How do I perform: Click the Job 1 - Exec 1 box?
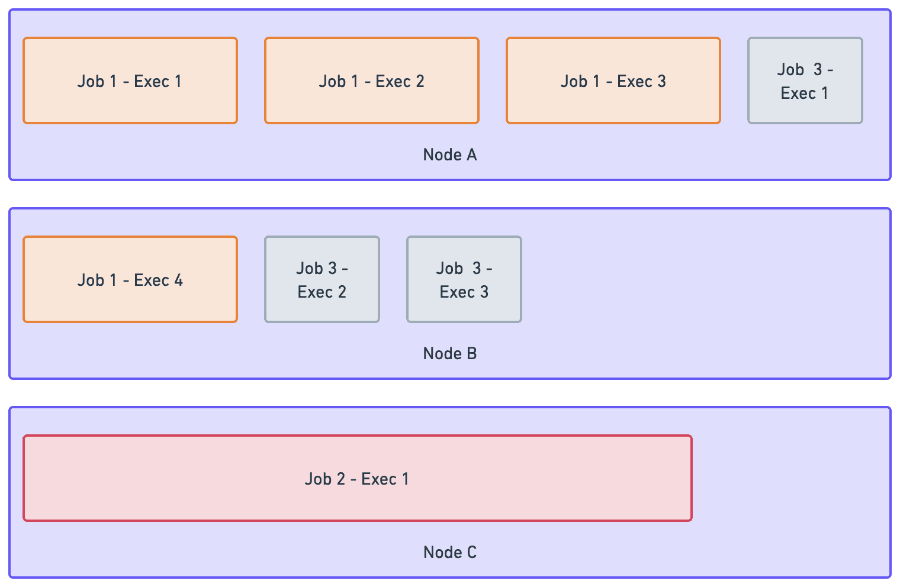(x=130, y=80)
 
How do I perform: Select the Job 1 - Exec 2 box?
(x=371, y=80)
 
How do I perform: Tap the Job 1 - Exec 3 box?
(x=613, y=80)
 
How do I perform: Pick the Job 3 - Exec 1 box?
(x=805, y=80)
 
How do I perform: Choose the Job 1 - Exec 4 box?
(x=130, y=279)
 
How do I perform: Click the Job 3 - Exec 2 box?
(x=322, y=279)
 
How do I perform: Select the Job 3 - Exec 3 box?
(x=464, y=279)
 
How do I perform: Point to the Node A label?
(x=449, y=155)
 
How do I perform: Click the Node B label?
(x=449, y=354)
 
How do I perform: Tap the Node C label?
(x=449, y=553)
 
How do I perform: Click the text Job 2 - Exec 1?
(x=356, y=479)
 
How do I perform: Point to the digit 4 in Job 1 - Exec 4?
(x=178, y=280)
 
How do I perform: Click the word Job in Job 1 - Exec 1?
(x=91, y=81)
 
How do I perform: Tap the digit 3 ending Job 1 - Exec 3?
(x=661, y=81)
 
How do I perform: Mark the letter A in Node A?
(x=471, y=155)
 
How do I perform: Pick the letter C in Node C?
(x=471, y=553)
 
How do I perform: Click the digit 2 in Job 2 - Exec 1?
(x=341, y=479)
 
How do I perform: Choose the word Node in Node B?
(x=442, y=354)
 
